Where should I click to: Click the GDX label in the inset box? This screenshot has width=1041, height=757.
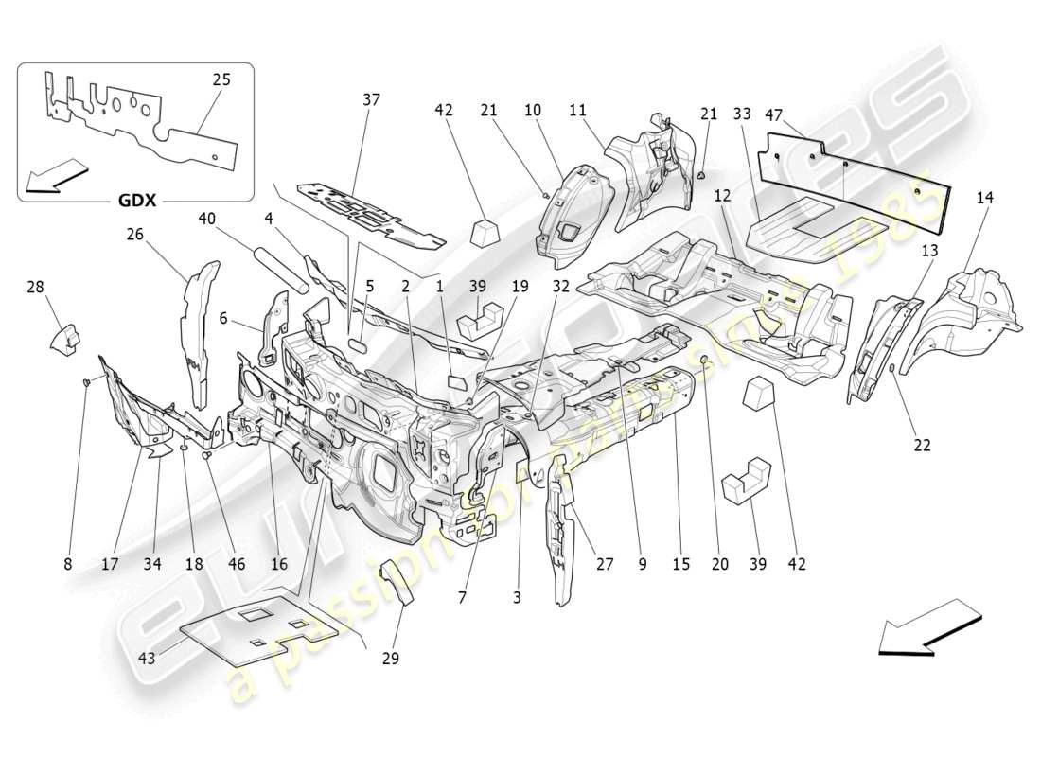pos(138,201)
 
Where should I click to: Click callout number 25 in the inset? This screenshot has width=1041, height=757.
pos(221,79)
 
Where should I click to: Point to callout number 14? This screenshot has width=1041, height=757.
pos(985,198)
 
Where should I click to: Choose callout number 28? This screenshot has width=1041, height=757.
pos(35,287)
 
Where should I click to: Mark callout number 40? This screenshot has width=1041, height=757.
pos(207,219)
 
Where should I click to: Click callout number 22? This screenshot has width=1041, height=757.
pos(921,445)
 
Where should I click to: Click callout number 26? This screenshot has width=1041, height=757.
pos(135,234)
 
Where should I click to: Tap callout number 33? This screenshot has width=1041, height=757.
pos(742,114)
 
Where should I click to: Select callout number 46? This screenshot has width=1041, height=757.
pos(236,564)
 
